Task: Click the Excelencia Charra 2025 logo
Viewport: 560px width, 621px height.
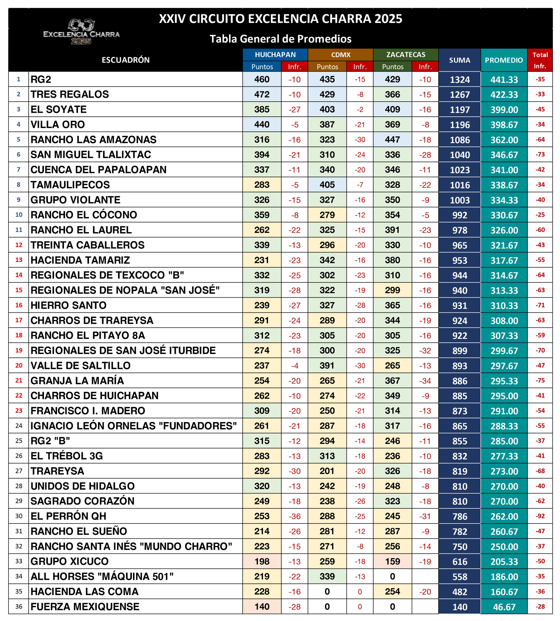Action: click(x=81, y=32)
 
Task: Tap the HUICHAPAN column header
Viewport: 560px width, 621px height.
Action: click(x=275, y=55)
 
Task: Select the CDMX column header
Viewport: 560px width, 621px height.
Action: click(x=341, y=55)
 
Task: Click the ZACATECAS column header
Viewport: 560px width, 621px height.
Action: click(x=406, y=55)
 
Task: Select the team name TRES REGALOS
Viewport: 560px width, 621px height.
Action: click(x=70, y=94)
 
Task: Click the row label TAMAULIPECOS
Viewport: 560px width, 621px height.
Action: click(x=70, y=185)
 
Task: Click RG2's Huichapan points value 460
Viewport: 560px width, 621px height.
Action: click(x=262, y=79)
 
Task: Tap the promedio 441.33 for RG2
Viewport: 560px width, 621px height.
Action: click(x=504, y=80)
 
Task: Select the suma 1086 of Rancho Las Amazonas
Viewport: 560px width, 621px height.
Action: click(x=460, y=140)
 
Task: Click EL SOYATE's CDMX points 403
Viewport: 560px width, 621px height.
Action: click(x=327, y=109)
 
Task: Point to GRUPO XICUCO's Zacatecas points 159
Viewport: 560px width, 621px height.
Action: click(x=393, y=561)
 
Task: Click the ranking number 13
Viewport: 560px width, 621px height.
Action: click(x=19, y=260)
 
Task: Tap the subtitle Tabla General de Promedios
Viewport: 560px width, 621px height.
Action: click(x=280, y=39)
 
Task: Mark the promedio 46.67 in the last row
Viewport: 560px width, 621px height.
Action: click(x=504, y=607)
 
